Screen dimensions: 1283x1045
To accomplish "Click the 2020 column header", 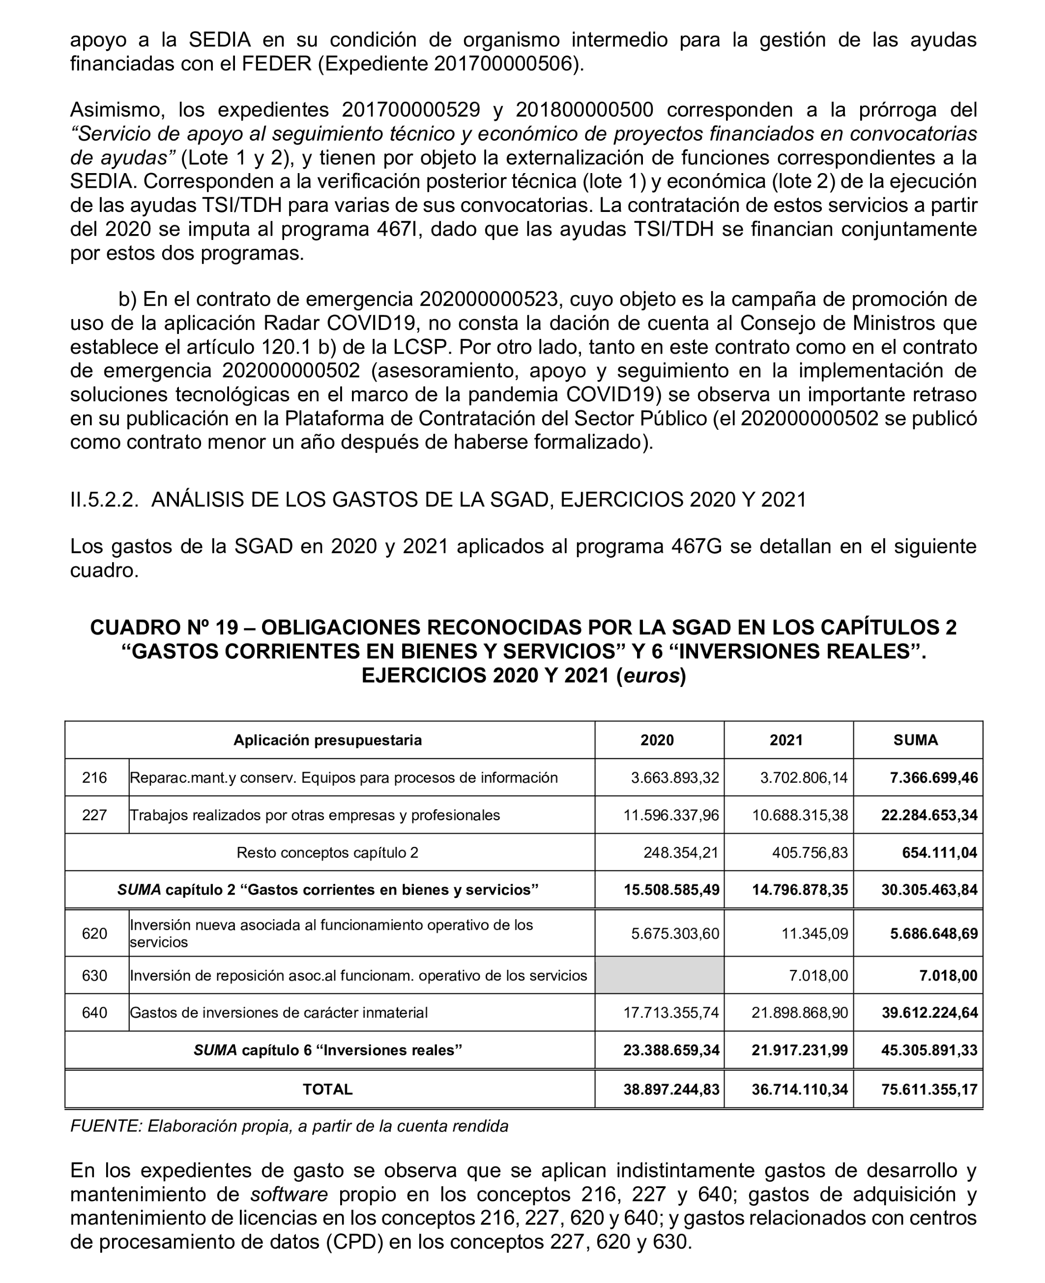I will (657, 740).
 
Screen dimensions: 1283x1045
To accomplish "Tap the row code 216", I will (94, 777).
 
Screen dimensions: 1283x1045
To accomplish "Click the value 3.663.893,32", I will (674, 778).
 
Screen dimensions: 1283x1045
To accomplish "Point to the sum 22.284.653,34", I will (929, 815).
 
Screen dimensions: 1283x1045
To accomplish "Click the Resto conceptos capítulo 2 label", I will (327, 853).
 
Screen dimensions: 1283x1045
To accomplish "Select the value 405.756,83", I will (810, 853).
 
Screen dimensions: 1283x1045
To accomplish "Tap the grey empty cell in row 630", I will (659, 975).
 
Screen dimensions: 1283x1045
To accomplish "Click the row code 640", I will (94, 1012).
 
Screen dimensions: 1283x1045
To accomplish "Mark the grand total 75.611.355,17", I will (929, 1089).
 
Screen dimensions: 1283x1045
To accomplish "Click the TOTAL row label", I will (327, 1089).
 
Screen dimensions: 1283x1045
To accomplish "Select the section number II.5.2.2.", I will (104, 500).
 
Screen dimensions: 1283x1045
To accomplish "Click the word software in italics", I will (289, 1194).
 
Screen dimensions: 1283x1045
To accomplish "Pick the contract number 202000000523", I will (488, 299).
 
